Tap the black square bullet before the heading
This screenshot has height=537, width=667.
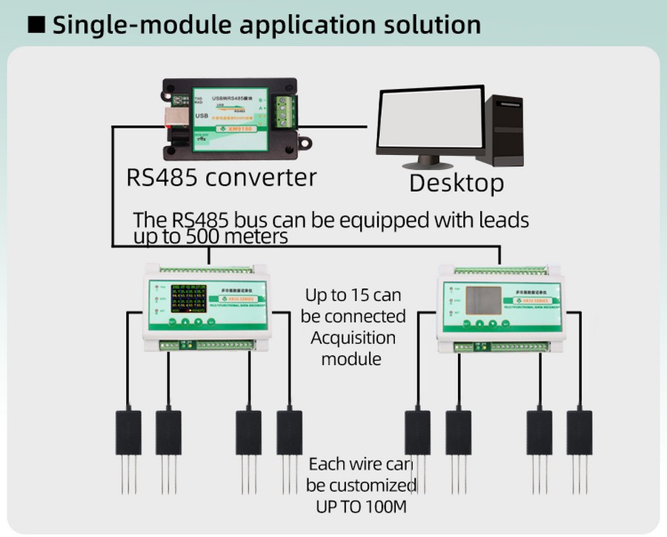click(x=37, y=24)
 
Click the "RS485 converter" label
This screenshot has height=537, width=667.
click(x=222, y=177)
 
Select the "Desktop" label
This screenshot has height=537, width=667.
click(x=457, y=182)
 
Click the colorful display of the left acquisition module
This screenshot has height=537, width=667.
click(x=192, y=300)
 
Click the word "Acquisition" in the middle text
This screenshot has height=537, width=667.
click(x=353, y=338)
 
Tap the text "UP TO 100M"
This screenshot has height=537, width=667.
click(x=359, y=507)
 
